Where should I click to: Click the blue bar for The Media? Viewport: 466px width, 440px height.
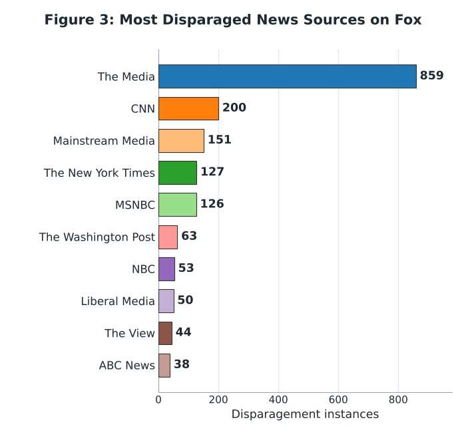pos(288,76)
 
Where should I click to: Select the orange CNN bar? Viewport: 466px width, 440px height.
pos(188,108)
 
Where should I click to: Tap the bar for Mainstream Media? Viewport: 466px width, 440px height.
pos(181,141)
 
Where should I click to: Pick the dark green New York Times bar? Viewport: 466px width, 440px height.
pos(178,173)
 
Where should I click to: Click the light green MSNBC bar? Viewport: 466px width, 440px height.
pos(178,205)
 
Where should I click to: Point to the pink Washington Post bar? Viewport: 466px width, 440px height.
pos(168,237)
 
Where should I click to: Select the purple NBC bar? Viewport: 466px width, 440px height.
pos(166,269)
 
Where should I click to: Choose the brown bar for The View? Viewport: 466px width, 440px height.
pos(165,333)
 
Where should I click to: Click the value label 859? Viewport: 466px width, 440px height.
pos(431,75)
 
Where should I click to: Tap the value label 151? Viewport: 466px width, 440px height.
pos(219,140)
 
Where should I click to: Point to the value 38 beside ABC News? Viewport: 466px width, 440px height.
pos(182,364)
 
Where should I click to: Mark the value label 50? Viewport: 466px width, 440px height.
pos(185,300)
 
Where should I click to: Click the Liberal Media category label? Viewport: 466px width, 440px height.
pos(118,301)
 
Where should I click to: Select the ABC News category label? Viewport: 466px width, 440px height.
pos(127,366)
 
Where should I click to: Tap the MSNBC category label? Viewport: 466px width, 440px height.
pos(135,205)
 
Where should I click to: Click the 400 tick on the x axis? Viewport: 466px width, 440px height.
pos(278,399)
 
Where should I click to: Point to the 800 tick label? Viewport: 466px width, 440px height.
pos(398,399)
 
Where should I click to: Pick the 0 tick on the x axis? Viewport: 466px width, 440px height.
pos(158,399)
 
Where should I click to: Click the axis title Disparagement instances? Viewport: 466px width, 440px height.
pos(305,414)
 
